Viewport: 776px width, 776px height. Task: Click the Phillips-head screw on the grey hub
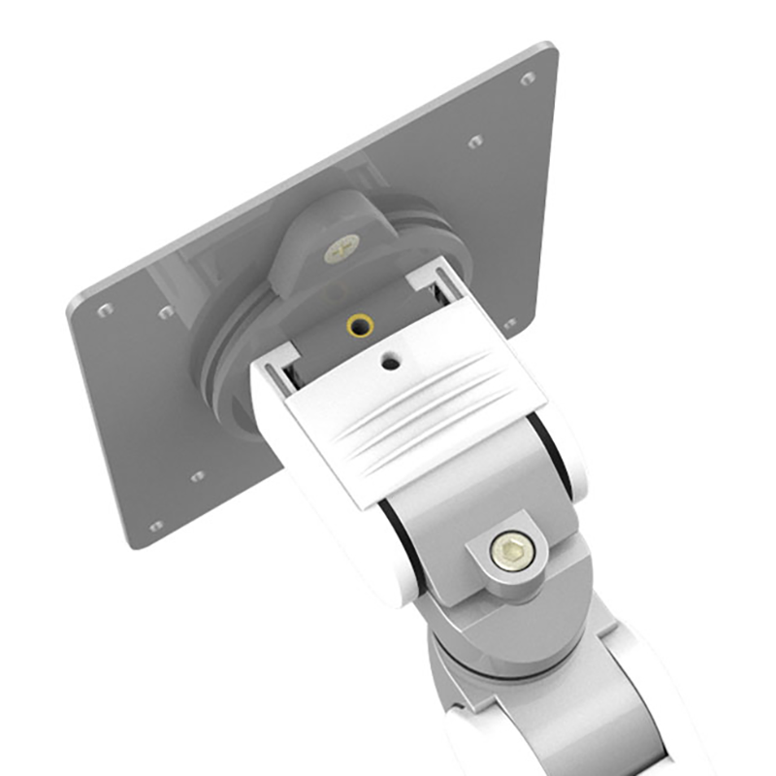(341, 248)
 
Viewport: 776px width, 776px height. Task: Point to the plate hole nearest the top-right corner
(528, 79)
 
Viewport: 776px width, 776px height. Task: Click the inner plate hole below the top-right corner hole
(475, 142)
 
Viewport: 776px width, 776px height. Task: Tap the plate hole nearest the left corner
(105, 310)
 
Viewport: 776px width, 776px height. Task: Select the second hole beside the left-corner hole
(166, 312)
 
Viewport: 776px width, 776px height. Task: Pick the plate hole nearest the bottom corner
(155, 527)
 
